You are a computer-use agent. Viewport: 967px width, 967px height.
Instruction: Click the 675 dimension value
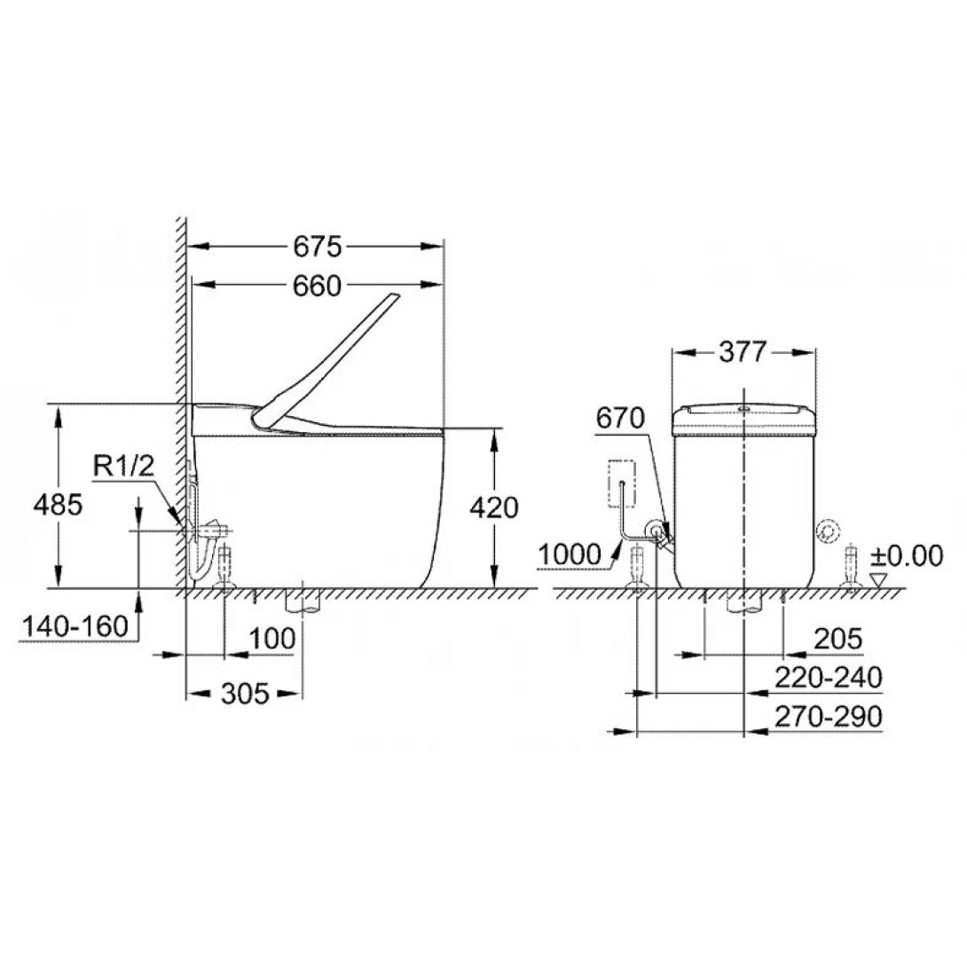317,244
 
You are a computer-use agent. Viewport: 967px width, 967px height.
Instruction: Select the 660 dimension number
317,286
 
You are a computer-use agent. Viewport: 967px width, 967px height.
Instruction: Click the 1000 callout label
569,554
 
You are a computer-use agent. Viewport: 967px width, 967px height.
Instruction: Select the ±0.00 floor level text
905,555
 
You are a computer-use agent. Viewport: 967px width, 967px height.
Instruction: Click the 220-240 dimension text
828,678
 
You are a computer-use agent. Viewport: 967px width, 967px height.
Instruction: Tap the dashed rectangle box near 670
623,483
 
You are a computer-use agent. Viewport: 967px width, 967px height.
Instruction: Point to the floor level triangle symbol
878,578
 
